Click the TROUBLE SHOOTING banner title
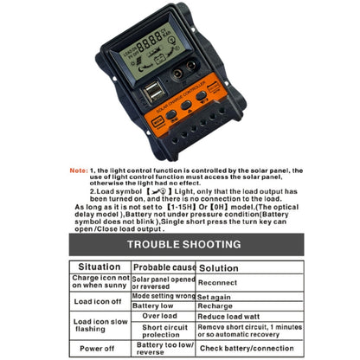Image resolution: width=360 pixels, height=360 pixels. point(180,244)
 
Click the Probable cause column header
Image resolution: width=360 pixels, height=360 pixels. point(164,267)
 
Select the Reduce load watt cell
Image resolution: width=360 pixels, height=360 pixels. point(227,317)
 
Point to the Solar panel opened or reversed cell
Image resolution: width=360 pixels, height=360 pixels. point(164,281)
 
